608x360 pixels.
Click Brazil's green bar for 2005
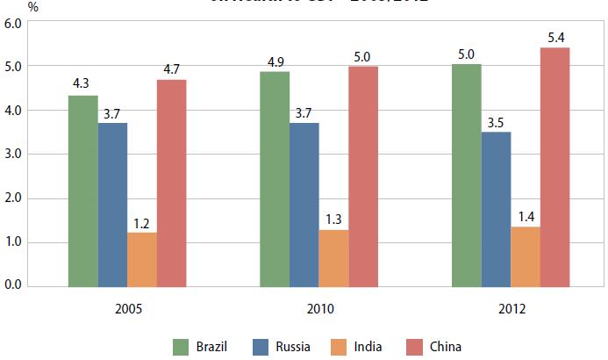pos(83,191)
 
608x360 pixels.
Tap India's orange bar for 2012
pos(526,256)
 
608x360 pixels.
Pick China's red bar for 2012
pos(554,167)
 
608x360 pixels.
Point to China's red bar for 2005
pos(171,183)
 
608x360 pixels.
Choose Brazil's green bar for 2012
pos(467,175)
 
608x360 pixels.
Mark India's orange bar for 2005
pos(142,259)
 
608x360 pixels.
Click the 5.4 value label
pos(555,36)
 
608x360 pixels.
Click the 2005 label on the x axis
pos(127,309)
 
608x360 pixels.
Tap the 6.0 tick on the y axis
pos(14,23)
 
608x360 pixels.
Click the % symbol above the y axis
pos(9,6)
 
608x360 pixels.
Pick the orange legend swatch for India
pos(338,346)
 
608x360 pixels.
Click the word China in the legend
pos(446,346)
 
